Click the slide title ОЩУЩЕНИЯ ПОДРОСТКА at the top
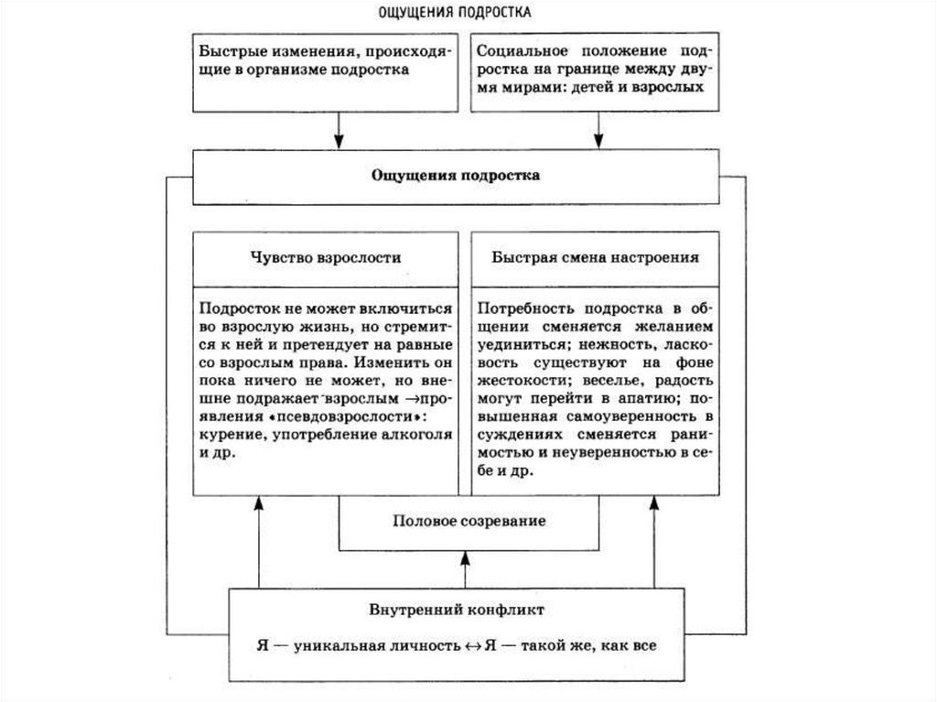tap(455, 14)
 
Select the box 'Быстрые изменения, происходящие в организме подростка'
tap(324, 60)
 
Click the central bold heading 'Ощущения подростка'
tap(456, 175)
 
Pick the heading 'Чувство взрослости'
tap(325, 258)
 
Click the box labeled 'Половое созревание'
tap(468, 521)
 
